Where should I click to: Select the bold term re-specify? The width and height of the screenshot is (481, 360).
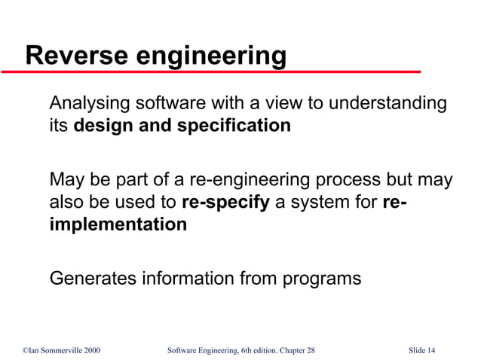click(225, 203)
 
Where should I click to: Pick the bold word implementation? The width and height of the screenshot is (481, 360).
click(118, 225)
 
